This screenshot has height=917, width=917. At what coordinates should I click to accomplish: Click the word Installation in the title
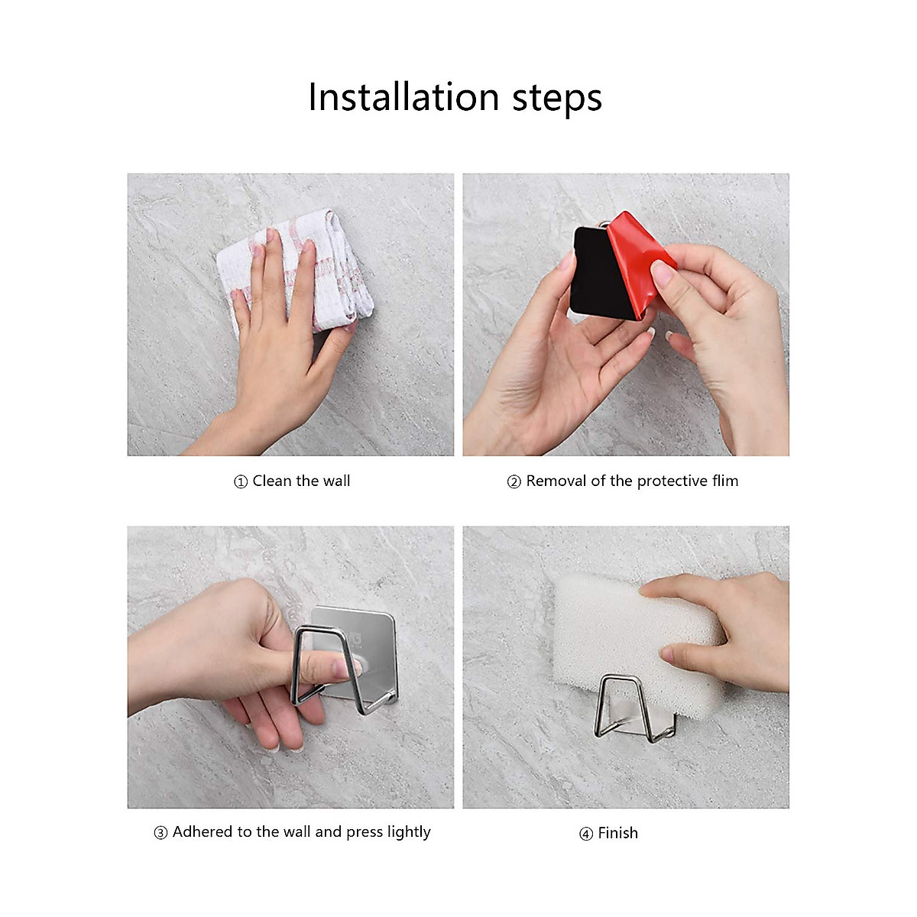click(403, 98)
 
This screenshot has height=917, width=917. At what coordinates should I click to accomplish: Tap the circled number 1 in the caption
click(241, 482)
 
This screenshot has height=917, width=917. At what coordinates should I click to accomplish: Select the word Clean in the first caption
click(272, 481)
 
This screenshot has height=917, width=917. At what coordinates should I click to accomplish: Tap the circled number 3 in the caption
click(160, 833)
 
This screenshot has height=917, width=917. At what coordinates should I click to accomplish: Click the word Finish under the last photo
click(617, 833)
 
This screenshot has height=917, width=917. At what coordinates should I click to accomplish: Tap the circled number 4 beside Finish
click(586, 834)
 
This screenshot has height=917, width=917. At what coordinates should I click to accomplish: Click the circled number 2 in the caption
click(514, 482)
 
